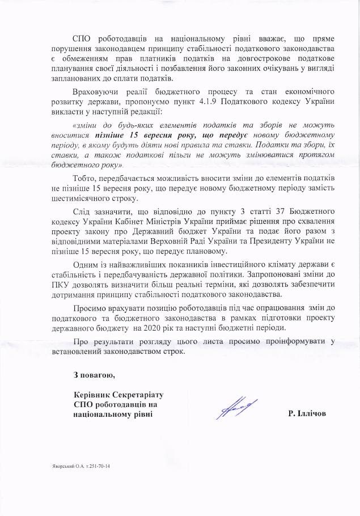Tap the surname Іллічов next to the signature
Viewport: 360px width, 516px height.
311,414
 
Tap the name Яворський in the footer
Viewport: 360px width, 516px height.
60,467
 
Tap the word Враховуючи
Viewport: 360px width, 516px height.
97,92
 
